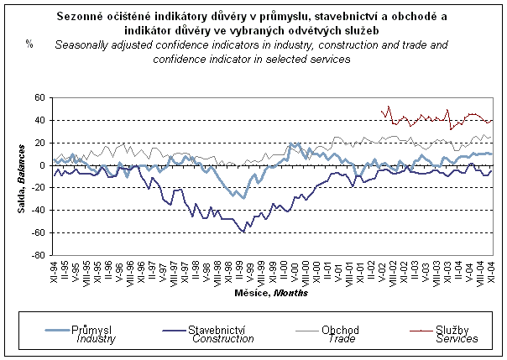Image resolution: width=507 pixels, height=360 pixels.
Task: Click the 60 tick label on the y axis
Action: tap(39, 98)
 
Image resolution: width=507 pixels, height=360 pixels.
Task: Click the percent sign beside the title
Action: tap(29, 44)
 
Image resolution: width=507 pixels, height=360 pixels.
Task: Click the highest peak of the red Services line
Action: tap(388, 107)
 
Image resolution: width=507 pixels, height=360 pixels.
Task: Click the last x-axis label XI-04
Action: tap(491, 273)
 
